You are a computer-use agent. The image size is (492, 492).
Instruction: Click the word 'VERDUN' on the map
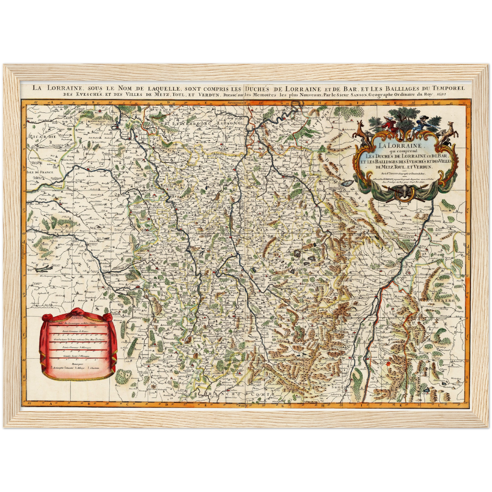point(191,212)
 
